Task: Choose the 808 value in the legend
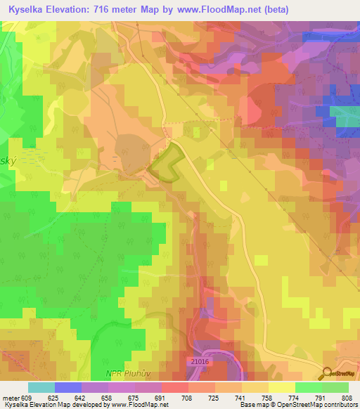click(347, 398)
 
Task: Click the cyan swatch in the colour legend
click(41, 387)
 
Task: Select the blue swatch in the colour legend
click(68, 387)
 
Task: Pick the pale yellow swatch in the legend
click(281, 387)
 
